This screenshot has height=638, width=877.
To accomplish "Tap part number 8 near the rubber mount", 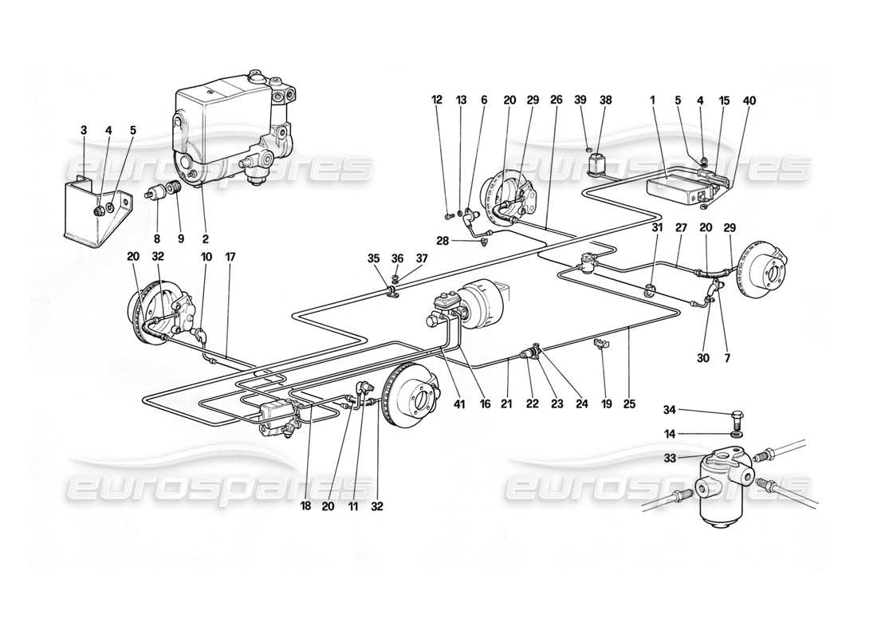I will pyautogui.click(x=157, y=238).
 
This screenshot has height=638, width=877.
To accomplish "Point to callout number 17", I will pyautogui.click(x=231, y=258).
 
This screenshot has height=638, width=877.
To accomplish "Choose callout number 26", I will pyautogui.click(x=556, y=101).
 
